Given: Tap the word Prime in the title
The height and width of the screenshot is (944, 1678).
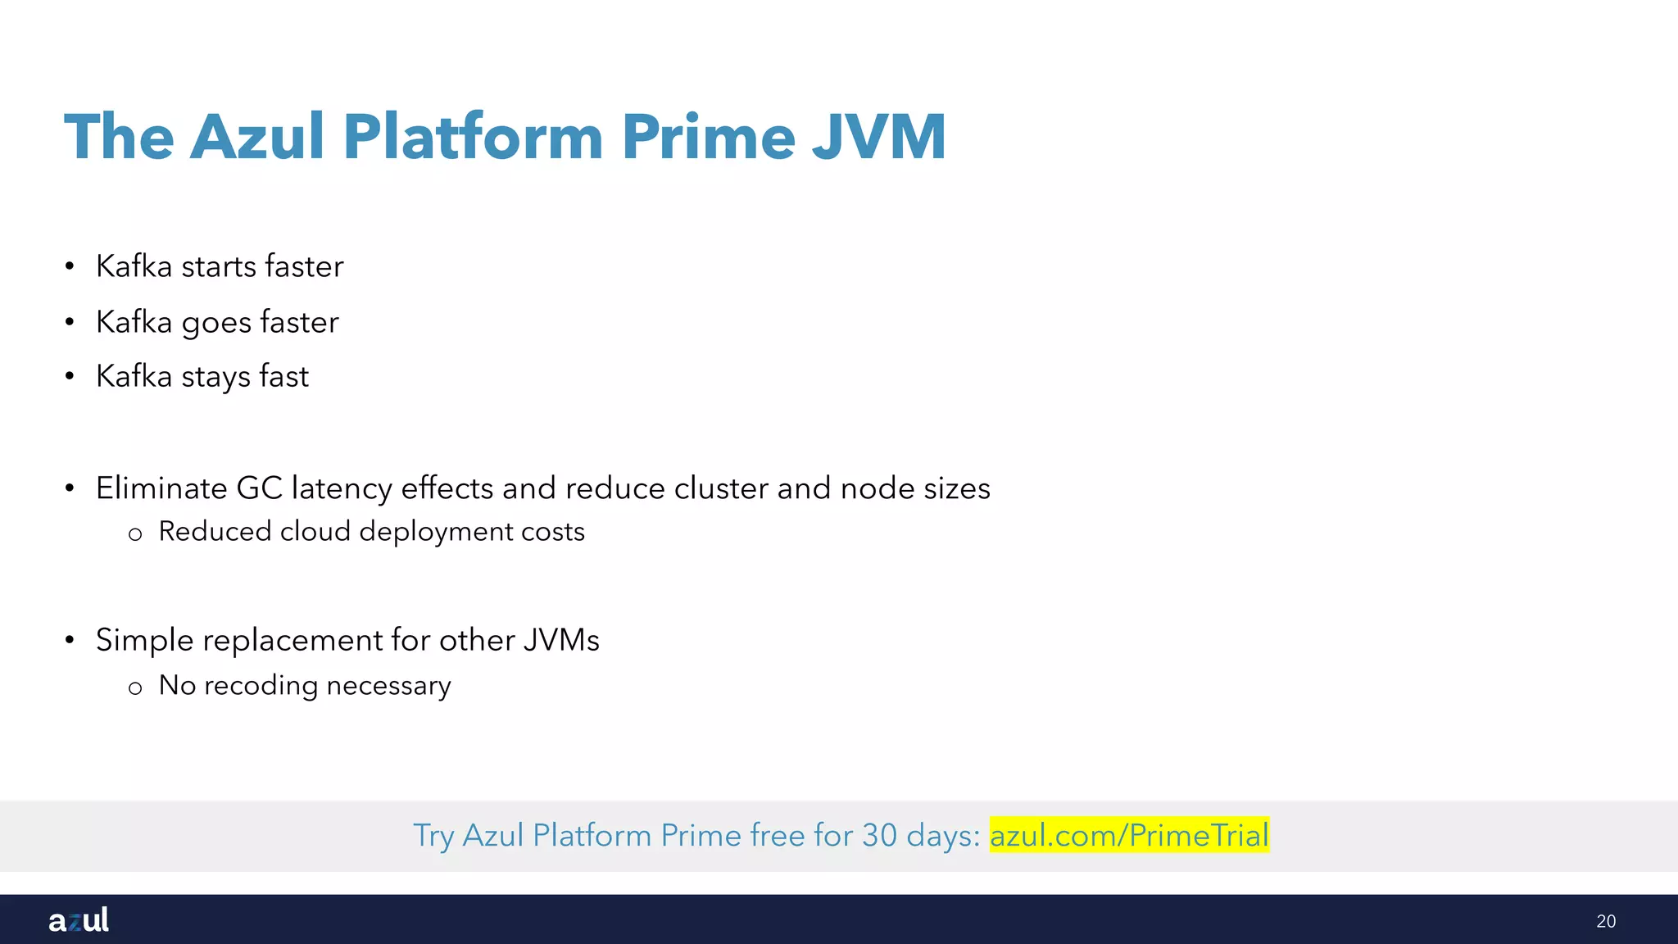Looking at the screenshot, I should coord(708,137).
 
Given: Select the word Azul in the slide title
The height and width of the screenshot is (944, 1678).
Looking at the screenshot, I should coord(257,137).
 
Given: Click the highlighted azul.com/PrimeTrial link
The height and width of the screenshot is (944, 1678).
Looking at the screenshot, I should coord(1129,835).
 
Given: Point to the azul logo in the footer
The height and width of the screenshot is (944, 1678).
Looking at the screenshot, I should coord(79,920).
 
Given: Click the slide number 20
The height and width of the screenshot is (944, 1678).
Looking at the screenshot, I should coord(1606,921).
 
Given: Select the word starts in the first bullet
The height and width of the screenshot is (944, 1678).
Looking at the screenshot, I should coord(219,266).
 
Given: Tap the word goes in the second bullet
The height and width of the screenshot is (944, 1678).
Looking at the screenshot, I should coord(216,323).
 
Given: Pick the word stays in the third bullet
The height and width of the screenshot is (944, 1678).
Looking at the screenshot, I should coord(216,377).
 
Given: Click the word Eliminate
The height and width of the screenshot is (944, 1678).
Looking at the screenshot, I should coord(161,488).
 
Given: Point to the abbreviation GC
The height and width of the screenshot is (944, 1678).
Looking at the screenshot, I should coord(259,488).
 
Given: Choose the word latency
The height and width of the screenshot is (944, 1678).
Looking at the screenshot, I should coord(342,488).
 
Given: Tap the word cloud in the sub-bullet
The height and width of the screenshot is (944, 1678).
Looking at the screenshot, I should coord(315,532).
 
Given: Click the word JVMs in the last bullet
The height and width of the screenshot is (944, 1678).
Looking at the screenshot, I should coord(561,641).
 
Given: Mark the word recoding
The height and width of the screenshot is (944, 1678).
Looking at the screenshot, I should coord(261,685).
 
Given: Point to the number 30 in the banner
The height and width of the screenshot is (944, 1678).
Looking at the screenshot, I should coord(879,835).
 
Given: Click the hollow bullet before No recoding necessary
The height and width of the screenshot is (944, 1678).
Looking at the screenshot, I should coord(135,688).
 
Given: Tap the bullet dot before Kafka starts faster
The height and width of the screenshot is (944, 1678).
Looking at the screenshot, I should coord(70,266).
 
